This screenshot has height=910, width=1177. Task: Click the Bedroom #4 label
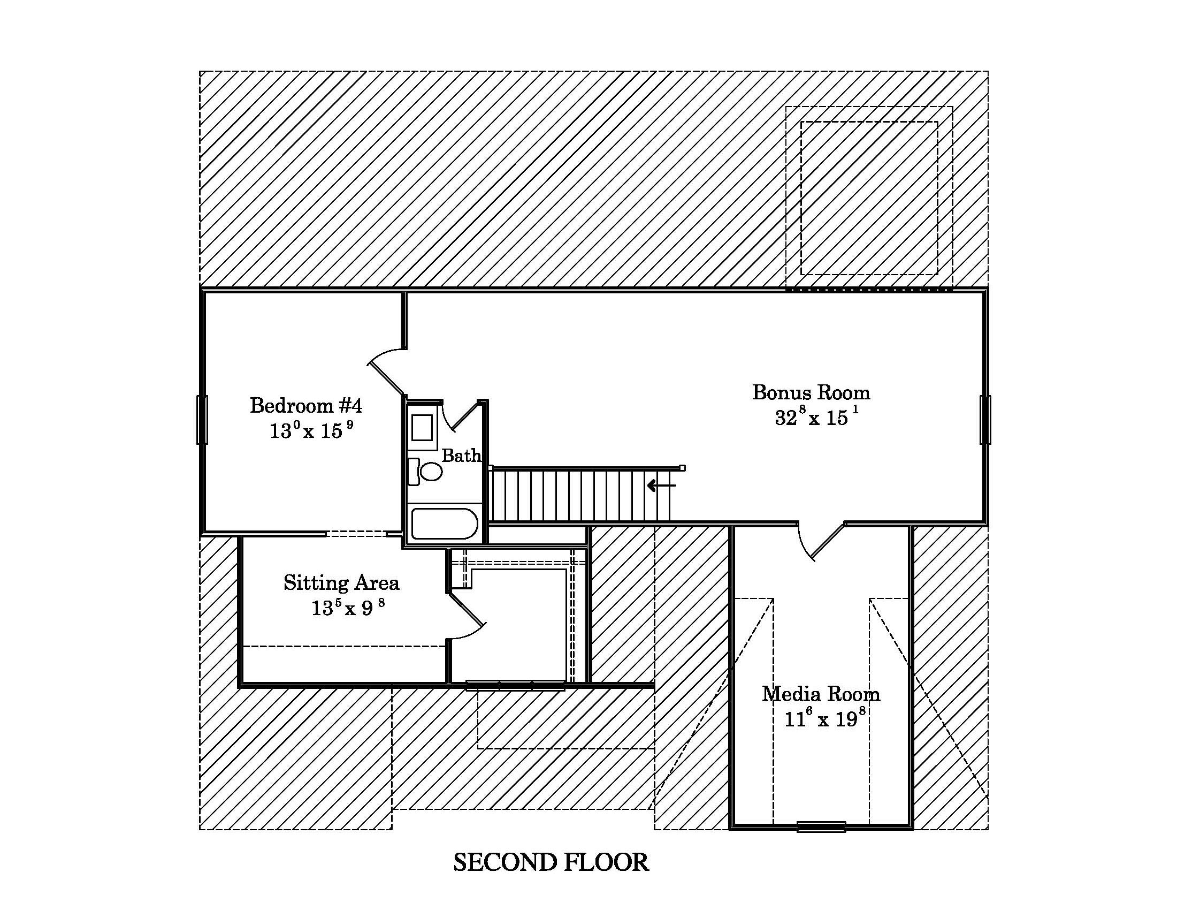pyautogui.click(x=306, y=405)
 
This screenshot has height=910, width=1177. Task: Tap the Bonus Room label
pyautogui.click(x=811, y=392)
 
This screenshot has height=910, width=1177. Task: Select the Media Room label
pyautogui.click(x=821, y=694)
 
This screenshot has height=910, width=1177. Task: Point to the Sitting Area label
pyautogui.click(x=342, y=583)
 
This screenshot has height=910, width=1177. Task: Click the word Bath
pyautogui.click(x=461, y=456)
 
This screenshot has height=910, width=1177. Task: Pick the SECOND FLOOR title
pyautogui.click(x=551, y=862)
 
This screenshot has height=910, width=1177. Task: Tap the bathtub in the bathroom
pyautogui.click(x=444, y=524)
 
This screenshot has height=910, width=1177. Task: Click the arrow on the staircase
pyautogui.click(x=661, y=486)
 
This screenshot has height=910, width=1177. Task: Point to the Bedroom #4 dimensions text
pyautogui.click(x=311, y=430)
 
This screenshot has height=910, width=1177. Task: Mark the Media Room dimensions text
pyautogui.click(x=824, y=718)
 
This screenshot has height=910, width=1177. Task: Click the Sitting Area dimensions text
pyautogui.click(x=348, y=608)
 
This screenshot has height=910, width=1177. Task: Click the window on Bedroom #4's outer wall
pyautogui.click(x=202, y=420)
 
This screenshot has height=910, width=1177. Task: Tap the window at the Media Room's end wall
pyautogui.click(x=821, y=826)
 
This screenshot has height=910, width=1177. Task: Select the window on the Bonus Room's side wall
pyautogui.click(x=985, y=420)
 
